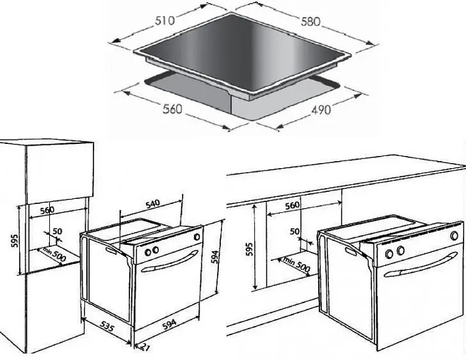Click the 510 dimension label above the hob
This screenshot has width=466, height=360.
(x=165, y=20)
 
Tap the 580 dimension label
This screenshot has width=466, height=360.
(x=310, y=22)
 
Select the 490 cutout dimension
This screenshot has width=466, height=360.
(x=321, y=110)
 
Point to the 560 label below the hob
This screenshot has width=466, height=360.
(x=172, y=109)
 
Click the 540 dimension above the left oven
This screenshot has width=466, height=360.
(x=153, y=204)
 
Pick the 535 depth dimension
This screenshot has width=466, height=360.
(x=107, y=326)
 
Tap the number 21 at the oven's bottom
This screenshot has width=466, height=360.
(x=145, y=347)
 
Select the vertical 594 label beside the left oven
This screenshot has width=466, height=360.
(x=215, y=257)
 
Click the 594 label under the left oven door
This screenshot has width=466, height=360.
(x=170, y=324)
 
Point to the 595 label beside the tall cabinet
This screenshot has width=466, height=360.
(x=14, y=240)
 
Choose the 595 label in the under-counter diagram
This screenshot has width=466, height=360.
(x=249, y=249)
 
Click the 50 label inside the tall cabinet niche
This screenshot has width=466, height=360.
(x=58, y=231)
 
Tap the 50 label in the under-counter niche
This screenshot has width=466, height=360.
(x=294, y=231)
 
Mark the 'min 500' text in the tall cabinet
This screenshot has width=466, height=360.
(x=54, y=254)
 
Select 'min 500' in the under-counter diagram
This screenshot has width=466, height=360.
(x=296, y=265)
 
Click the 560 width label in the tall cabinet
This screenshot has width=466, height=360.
(x=47, y=210)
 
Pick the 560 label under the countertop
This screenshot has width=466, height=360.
(x=292, y=205)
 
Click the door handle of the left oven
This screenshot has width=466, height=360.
(x=170, y=261)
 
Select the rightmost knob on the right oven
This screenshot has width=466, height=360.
(x=454, y=236)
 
